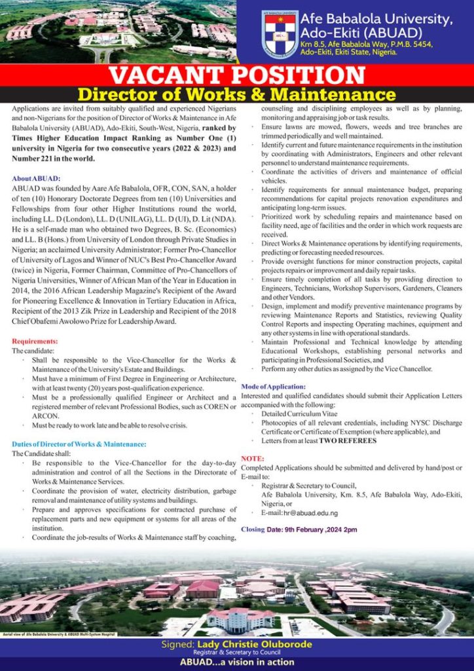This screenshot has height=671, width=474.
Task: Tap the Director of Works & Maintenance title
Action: [237, 94]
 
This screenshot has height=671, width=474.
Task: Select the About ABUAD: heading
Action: [36, 178]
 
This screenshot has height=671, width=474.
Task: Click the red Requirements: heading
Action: [35, 341]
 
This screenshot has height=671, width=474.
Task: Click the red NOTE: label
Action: [252, 459]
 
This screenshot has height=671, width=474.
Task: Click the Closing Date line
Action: [299, 529]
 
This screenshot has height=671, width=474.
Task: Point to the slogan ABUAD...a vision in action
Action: [237, 662]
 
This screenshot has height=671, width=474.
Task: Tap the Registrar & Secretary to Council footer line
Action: [236, 653]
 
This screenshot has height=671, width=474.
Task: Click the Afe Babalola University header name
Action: [376, 20]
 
